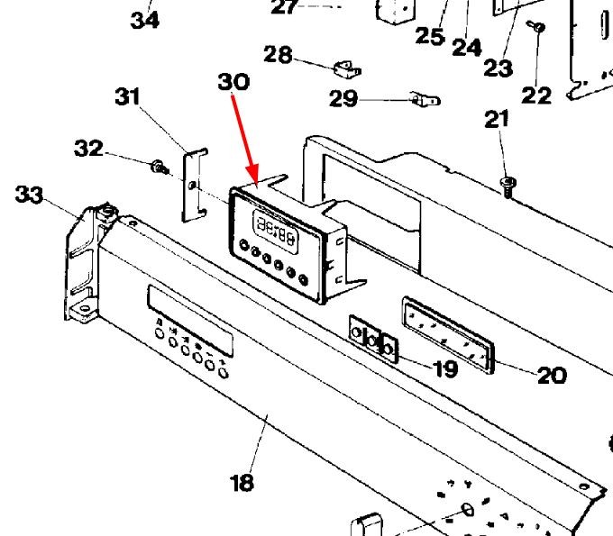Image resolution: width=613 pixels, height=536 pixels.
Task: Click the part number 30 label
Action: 233,82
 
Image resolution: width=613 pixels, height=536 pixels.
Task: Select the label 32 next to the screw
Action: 88,149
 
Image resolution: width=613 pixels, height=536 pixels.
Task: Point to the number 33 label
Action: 30,194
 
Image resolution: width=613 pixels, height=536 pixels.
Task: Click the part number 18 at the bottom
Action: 242,483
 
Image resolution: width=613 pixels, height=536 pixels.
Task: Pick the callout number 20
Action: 551,375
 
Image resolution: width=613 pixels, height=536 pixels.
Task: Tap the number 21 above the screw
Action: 497,118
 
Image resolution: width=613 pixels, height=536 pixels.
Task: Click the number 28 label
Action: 278,55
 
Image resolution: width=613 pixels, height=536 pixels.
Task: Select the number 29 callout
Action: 343,98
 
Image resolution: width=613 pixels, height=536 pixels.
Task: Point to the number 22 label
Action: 536,95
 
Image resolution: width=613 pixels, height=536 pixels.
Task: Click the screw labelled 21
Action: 507,184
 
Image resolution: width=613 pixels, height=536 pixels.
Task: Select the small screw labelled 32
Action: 159,166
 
